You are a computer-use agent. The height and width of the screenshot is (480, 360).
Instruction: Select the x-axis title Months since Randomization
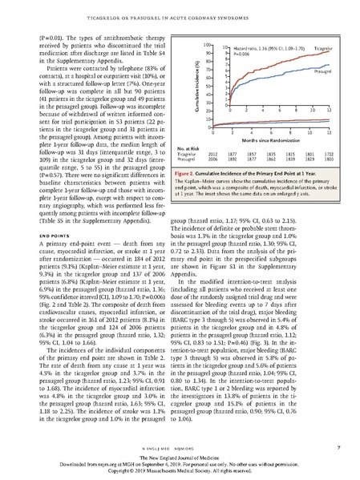270,140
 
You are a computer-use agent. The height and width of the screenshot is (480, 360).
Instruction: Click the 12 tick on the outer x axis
330,133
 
